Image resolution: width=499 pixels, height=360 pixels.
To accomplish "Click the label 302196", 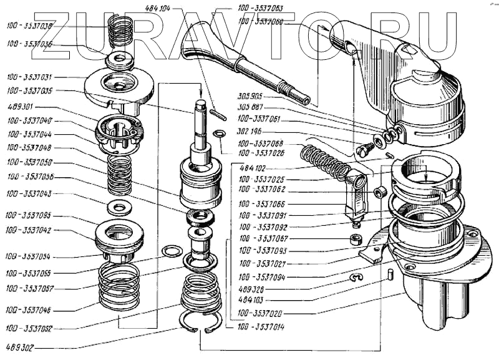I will tap(252, 133).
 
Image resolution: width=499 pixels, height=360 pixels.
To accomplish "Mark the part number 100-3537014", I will tap(261, 326).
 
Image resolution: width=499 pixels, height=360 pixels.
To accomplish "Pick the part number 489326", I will tap(252, 290).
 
